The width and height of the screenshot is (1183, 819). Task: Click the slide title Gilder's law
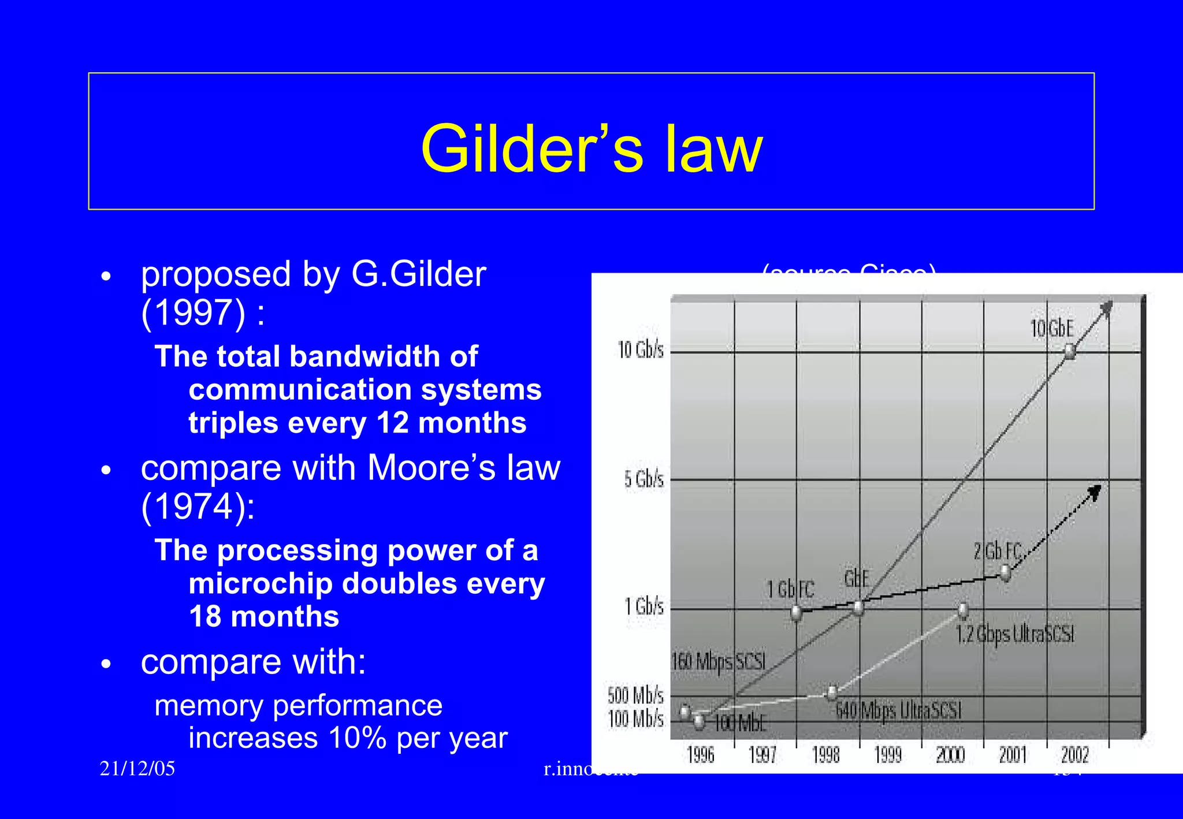click(591, 148)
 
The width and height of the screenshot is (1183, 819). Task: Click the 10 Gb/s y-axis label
click(641, 350)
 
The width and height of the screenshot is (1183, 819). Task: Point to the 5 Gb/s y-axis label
click(643, 479)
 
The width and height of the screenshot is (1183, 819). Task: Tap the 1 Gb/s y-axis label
click(643, 607)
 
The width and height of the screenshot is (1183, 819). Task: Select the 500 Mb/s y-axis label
click(635, 695)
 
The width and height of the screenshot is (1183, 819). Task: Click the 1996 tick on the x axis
click(700, 755)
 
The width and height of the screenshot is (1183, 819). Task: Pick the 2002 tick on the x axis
click(1074, 755)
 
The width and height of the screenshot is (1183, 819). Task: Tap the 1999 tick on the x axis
click(888, 755)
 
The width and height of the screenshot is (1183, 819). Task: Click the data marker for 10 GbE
click(1070, 351)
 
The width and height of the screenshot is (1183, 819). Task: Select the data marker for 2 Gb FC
click(1006, 573)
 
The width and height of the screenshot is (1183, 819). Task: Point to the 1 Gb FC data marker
click(797, 612)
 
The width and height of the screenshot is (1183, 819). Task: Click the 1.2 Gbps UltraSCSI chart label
click(1014, 634)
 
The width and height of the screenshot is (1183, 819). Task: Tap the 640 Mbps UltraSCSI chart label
click(898, 710)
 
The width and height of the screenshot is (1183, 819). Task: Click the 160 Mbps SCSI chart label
click(718, 661)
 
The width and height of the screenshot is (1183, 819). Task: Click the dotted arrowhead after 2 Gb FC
click(1095, 492)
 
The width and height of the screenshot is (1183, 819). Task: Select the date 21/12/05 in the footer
click(137, 769)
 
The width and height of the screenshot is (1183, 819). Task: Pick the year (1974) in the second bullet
click(194, 507)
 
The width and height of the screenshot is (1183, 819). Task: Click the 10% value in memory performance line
click(357, 738)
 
